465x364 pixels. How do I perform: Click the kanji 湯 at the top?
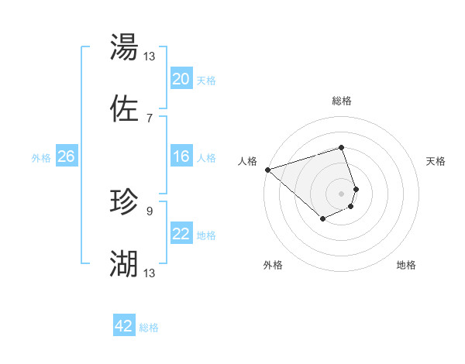pyautogui.click(x=124, y=48)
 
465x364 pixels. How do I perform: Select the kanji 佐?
pyautogui.click(x=124, y=109)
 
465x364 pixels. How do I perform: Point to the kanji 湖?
pyautogui.click(x=124, y=264)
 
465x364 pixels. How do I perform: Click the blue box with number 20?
pyautogui.click(x=181, y=79)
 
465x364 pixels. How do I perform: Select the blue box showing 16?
pyautogui.click(x=181, y=156)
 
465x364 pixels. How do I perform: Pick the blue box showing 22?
pyautogui.click(x=181, y=234)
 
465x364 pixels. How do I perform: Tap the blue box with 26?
pyautogui.click(x=67, y=156)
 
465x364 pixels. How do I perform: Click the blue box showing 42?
pyautogui.click(x=124, y=326)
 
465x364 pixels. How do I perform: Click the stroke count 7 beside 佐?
pyautogui.click(x=149, y=118)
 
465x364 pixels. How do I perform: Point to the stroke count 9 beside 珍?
pyautogui.click(x=149, y=210)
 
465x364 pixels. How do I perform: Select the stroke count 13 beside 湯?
pyautogui.click(x=150, y=56)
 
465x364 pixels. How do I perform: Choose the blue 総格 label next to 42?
pyautogui.click(x=149, y=328)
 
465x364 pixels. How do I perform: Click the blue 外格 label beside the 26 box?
pyautogui.click(x=41, y=157)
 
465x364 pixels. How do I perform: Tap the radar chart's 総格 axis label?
pyautogui.click(x=342, y=101)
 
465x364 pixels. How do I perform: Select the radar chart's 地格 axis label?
pyautogui.click(x=406, y=266)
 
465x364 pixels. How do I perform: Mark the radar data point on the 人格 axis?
pyautogui.click(x=267, y=170)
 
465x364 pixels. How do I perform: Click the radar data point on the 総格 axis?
pyautogui.click(x=342, y=147)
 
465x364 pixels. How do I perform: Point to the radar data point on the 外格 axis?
pyautogui.click(x=322, y=219)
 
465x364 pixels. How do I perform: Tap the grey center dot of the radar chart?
pyautogui.click(x=342, y=193)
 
